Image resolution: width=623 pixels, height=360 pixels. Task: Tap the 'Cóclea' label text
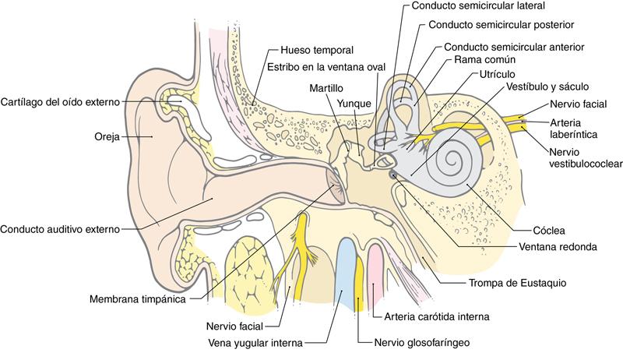point(549,231)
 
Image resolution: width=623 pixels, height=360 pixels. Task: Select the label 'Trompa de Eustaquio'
point(517,283)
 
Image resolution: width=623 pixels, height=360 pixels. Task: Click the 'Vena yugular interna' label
point(256,342)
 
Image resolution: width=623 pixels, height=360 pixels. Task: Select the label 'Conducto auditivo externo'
point(60,229)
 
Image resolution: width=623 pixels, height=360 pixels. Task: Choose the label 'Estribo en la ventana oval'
point(326,66)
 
